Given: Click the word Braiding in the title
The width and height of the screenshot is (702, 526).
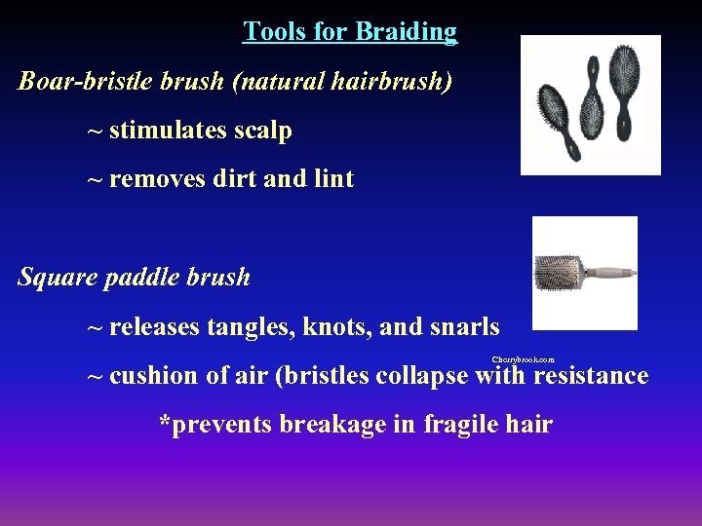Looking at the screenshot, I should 406,32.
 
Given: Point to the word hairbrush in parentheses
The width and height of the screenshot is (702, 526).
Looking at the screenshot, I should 392,80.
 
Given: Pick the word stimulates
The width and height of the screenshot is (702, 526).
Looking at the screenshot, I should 165,130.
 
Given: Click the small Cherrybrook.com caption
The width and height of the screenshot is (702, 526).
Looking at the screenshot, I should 523,359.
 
